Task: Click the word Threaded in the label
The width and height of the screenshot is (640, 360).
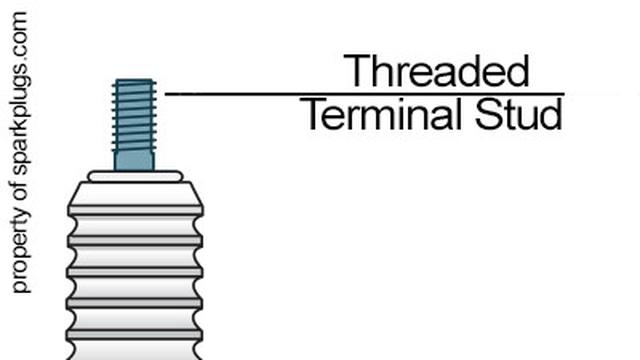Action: [x=435, y=72]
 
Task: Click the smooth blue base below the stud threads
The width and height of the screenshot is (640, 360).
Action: [x=134, y=160]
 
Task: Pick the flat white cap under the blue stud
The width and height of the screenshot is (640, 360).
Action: [x=135, y=176]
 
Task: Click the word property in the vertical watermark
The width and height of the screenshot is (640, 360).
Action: [x=21, y=256]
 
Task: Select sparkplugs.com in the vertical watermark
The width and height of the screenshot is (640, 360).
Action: [x=21, y=99]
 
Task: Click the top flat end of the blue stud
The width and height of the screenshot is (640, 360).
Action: [x=134, y=81]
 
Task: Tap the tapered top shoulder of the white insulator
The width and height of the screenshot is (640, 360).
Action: [x=135, y=196]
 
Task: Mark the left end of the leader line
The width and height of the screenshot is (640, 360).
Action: [x=167, y=94]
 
